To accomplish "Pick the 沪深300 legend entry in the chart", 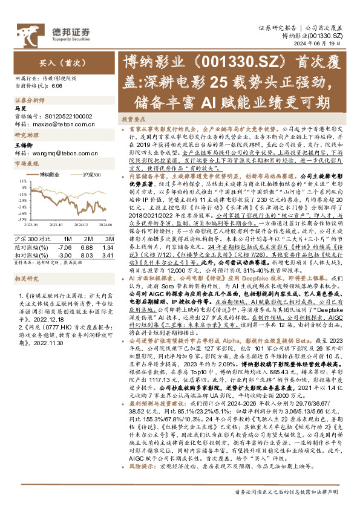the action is click(x=90, y=174).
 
